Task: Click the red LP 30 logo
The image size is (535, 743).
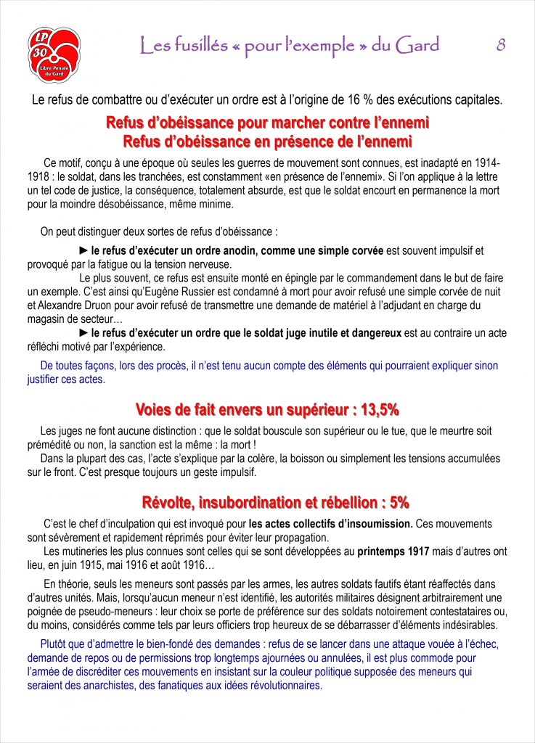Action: (x=54, y=55)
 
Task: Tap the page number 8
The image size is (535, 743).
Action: (x=501, y=45)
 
